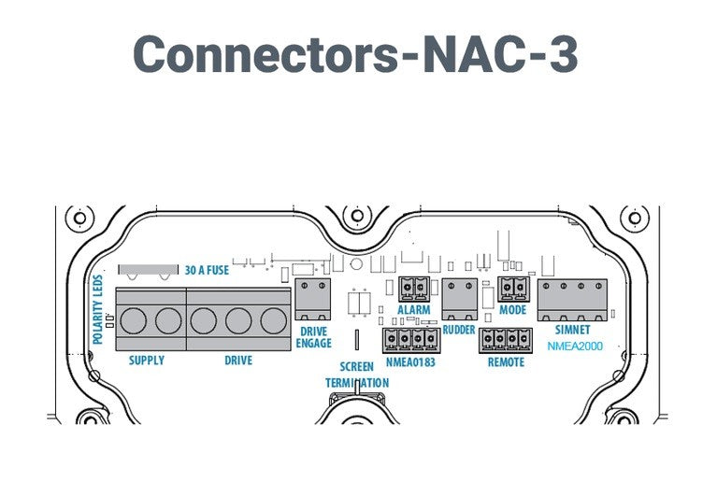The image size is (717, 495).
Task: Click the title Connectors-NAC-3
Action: pyautogui.click(x=354, y=57)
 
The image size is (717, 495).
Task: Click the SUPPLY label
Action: pyautogui.click(x=146, y=361)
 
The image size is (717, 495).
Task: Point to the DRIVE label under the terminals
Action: pyautogui.click(x=238, y=361)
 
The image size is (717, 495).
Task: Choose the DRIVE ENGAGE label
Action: pyautogui.click(x=313, y=337)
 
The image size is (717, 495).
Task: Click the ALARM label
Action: pyautogui.click(x=413, y=310)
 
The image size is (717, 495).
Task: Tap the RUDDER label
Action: pyautogui.click(x=459, y=329)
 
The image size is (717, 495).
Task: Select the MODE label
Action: pyautogui.click(x=512, y=310)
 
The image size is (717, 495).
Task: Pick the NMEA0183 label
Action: pyautogui.click(x=410, y=361)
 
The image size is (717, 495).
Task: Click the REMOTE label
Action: pyautogui.click(x=506, y=361)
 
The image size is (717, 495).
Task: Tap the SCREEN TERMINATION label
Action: pyautogui.click(x=356, y=375)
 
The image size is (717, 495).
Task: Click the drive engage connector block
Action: pyautogui.click(x=312, y=298)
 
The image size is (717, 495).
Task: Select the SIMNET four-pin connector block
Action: pyautogui.click(x=571, y=299)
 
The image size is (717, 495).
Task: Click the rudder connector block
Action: pyautogui.click(x=459, y=299)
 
